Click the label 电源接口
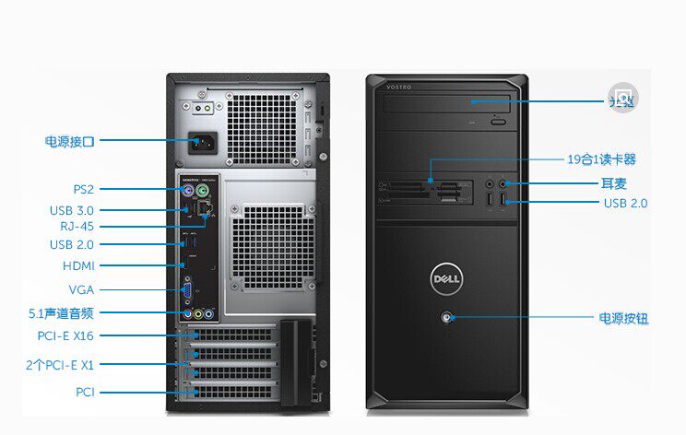(x=69, y=141)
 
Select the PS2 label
(x=84, y=189)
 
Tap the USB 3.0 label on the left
(x=72, y=210)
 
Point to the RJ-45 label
(x=77, y=226)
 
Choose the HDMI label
(x=77, y=265)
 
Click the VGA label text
(x=81, y=289)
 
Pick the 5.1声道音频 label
(x=61, y=313)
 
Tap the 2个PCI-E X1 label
(x=60, y=364)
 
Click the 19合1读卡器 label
(x=601, y=159)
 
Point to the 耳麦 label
(x=613, y=182)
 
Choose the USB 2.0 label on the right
(x=626, y=203)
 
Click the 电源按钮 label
(x=623, y=318)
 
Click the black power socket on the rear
(x=203, y=145)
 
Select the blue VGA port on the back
(x=187, y=289)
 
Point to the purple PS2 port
(x=186, y=192)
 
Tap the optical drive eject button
(x=499, y=121)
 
